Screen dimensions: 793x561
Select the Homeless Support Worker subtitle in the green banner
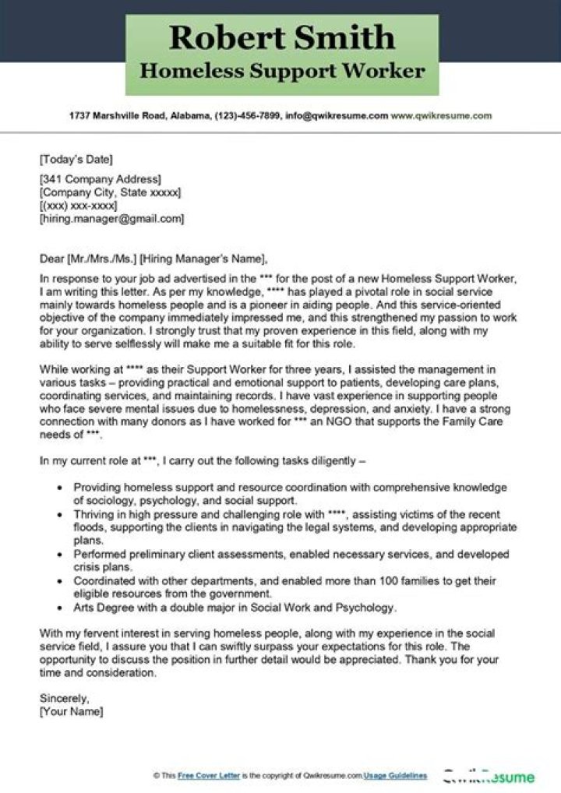point(282,71)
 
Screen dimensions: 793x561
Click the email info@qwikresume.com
point(337,115)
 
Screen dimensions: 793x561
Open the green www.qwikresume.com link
point(441,115)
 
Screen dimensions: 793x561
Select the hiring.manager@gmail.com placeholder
point(111,219)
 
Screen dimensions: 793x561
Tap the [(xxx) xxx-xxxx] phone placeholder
point(78,206)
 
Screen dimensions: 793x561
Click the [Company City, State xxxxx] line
point(110,192)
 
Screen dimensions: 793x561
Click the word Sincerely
point(64,699)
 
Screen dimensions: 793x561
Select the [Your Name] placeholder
point(71,711)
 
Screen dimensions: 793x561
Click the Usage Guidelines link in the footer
point(397,776)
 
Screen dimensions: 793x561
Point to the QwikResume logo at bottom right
point(489,776)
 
